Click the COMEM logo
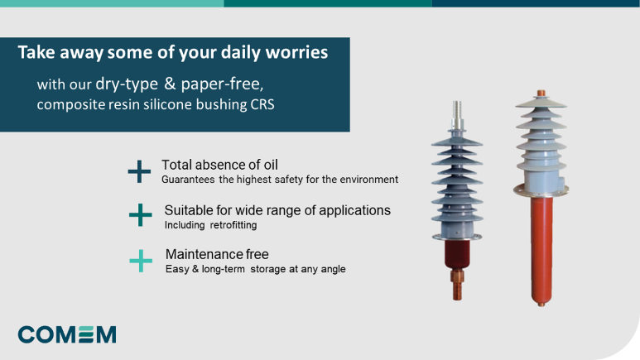(67, 334)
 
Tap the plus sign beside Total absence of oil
(139, 171)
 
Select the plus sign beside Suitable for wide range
(141, 214)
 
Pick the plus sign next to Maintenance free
(141, 261)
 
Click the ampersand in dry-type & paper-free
(170, 84)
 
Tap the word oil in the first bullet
(271, 165)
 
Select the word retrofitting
(233, 225)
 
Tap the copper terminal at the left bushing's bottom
(457, 285)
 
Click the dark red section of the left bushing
(457, 254)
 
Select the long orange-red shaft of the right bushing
(541, 250)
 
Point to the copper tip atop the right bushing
(541, 93)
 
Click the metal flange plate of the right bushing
(541, 190)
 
